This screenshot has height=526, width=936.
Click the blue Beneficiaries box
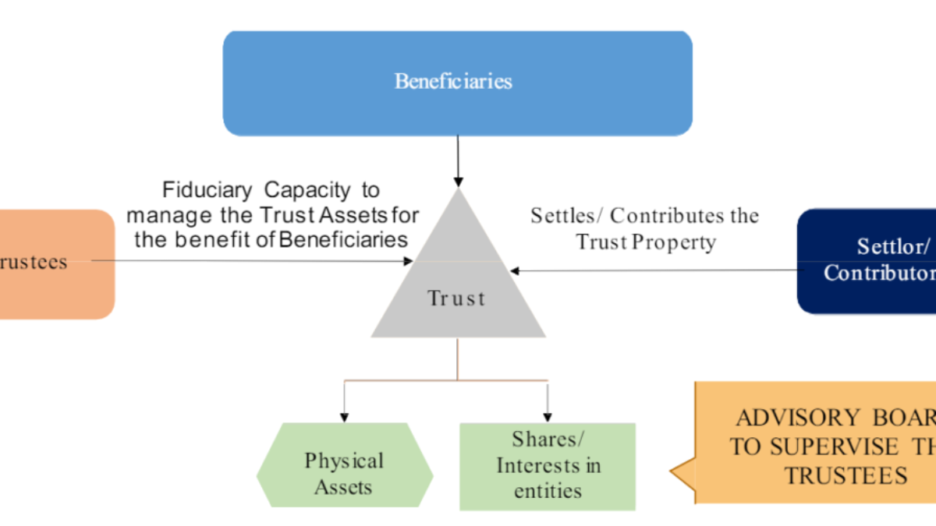coord(457,83)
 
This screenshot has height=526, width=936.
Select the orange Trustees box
coord(55,263)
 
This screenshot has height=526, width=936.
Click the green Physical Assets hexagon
coord(344,465)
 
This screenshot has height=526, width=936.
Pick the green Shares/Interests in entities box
coord(548,466)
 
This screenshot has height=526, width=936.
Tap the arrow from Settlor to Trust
coord(655,270)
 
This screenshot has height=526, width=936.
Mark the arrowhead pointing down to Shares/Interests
coord(547,415)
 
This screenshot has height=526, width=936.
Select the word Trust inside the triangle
coord(457,298)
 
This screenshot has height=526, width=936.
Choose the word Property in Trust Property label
coord(674,242)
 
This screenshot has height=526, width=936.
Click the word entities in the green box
coord(548,491)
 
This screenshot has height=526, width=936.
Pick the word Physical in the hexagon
coord(344,461)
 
